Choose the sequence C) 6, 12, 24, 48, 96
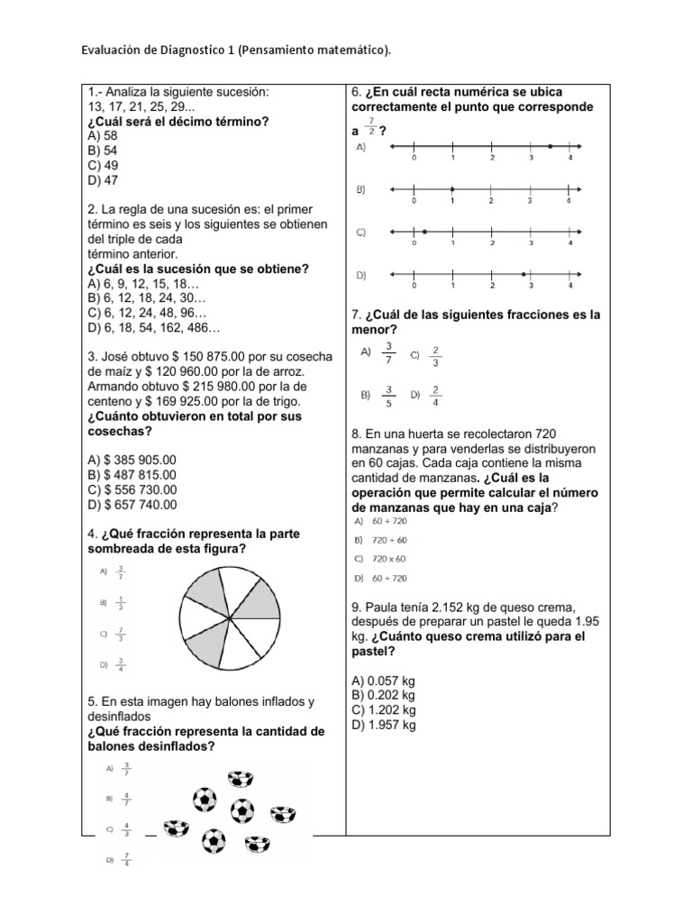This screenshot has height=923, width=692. click(148, 313)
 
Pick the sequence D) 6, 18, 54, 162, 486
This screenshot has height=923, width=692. click(153, 328)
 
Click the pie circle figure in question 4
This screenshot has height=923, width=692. click(231, 617)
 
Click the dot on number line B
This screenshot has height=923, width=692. click(452, 189)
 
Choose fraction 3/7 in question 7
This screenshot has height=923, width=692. click(389, 352)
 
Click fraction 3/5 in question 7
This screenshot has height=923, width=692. click(389, 395)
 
